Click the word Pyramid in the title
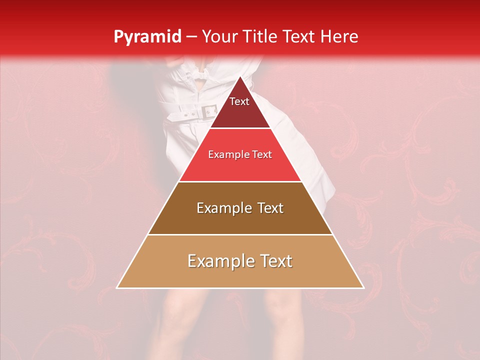tap(147, 37)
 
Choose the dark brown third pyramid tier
tap(240, 220)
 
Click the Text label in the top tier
tap(239, 101)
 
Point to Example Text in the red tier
tap(240, 154)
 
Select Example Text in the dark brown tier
tap(240, 208)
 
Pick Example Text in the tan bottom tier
tap(240, 261)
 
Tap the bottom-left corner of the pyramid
tap(117, 288)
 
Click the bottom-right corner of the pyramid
tap(363, 288)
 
